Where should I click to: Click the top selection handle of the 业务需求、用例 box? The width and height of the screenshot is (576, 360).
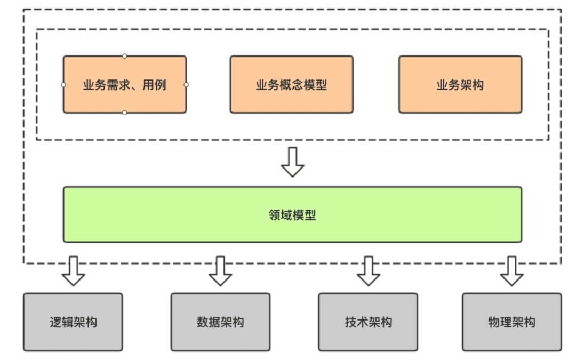pyautogui.click(x=124, y=55)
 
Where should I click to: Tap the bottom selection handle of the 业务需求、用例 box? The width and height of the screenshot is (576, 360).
pyautogui.click(x=124, y=113)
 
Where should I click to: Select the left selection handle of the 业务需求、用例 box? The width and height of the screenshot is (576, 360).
pyautogui.click(x=63, y=84)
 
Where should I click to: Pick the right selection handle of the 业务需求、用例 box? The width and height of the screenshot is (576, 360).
pyautogui.click(x=186, y=84)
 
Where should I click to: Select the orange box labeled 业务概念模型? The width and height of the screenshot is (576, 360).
pyautogui.click(x=291, y=84)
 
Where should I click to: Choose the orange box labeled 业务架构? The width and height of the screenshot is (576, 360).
pyautogui.click(x=460, y=84)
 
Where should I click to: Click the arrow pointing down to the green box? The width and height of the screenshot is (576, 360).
pyautogui.click(x=292, y=162)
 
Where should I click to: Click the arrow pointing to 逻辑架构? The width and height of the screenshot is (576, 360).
pyautogui.click(x=73, y=271)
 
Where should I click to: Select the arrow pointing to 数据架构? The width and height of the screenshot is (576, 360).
pyautogui.click(x=220, y=271)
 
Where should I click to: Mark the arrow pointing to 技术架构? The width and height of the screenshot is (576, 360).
pyautogui.click(x=368, y=271)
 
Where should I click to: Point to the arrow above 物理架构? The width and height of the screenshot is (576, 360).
pyautogui.click(x=511, y=271)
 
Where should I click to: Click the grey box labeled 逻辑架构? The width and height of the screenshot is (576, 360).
pyautogui.click(x=73, y=322)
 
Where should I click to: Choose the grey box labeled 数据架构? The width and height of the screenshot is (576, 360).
pyautogui.click(x=220, y=322)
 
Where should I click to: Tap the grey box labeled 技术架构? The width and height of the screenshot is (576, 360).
pyautogui.click(x=368, y=322)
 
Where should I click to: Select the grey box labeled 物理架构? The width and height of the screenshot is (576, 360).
pyautogui.click(x=511, y=322)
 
